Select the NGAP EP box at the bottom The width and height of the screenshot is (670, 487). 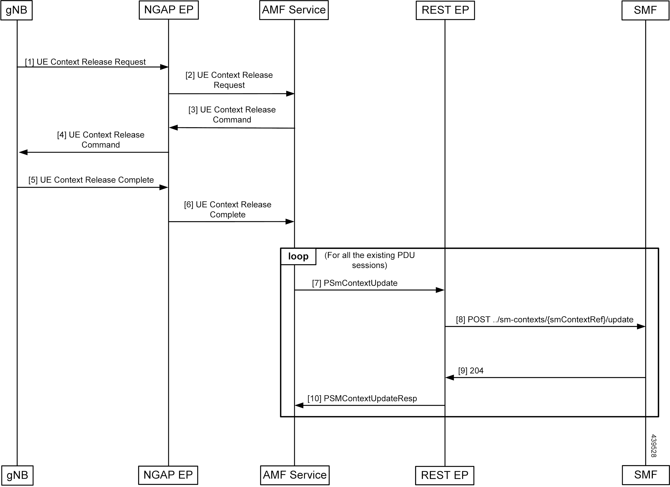coord(168,475)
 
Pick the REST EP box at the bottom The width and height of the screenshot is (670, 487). coord(445,475)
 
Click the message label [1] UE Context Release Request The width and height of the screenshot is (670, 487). coord(85,62)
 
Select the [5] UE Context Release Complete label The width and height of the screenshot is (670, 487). coord(91,180)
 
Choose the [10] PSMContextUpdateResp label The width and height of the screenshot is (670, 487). coord(362,398)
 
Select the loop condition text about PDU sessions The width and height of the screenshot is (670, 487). coord(370,260)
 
